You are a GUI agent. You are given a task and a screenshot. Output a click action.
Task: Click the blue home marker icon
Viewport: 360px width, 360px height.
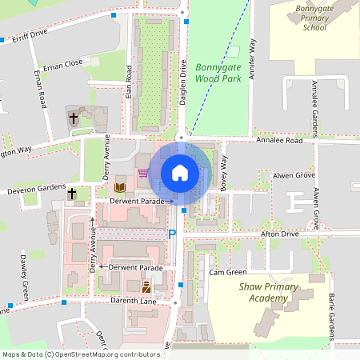(180, 172)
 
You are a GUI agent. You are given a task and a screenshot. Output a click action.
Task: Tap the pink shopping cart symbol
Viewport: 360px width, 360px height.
(142, 172)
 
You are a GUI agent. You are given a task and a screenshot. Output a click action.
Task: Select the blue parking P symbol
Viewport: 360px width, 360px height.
(171, 234)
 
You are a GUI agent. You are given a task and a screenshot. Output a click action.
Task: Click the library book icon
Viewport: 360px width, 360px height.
(121, 187)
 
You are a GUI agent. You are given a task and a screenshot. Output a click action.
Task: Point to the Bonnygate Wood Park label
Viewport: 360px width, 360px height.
(218, 74)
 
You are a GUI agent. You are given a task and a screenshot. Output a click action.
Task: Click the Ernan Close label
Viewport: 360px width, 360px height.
(63, 64)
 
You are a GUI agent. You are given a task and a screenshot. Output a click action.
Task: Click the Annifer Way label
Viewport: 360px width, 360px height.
(253, 58)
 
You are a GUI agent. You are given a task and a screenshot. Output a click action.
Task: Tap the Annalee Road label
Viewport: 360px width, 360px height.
(280, 141)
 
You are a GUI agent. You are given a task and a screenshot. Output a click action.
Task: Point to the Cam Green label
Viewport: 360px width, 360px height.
(228, 273)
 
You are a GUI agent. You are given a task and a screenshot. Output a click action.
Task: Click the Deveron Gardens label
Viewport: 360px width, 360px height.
(34, 190)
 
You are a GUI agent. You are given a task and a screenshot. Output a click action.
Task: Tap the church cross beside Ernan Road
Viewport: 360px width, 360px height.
(73, 118)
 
